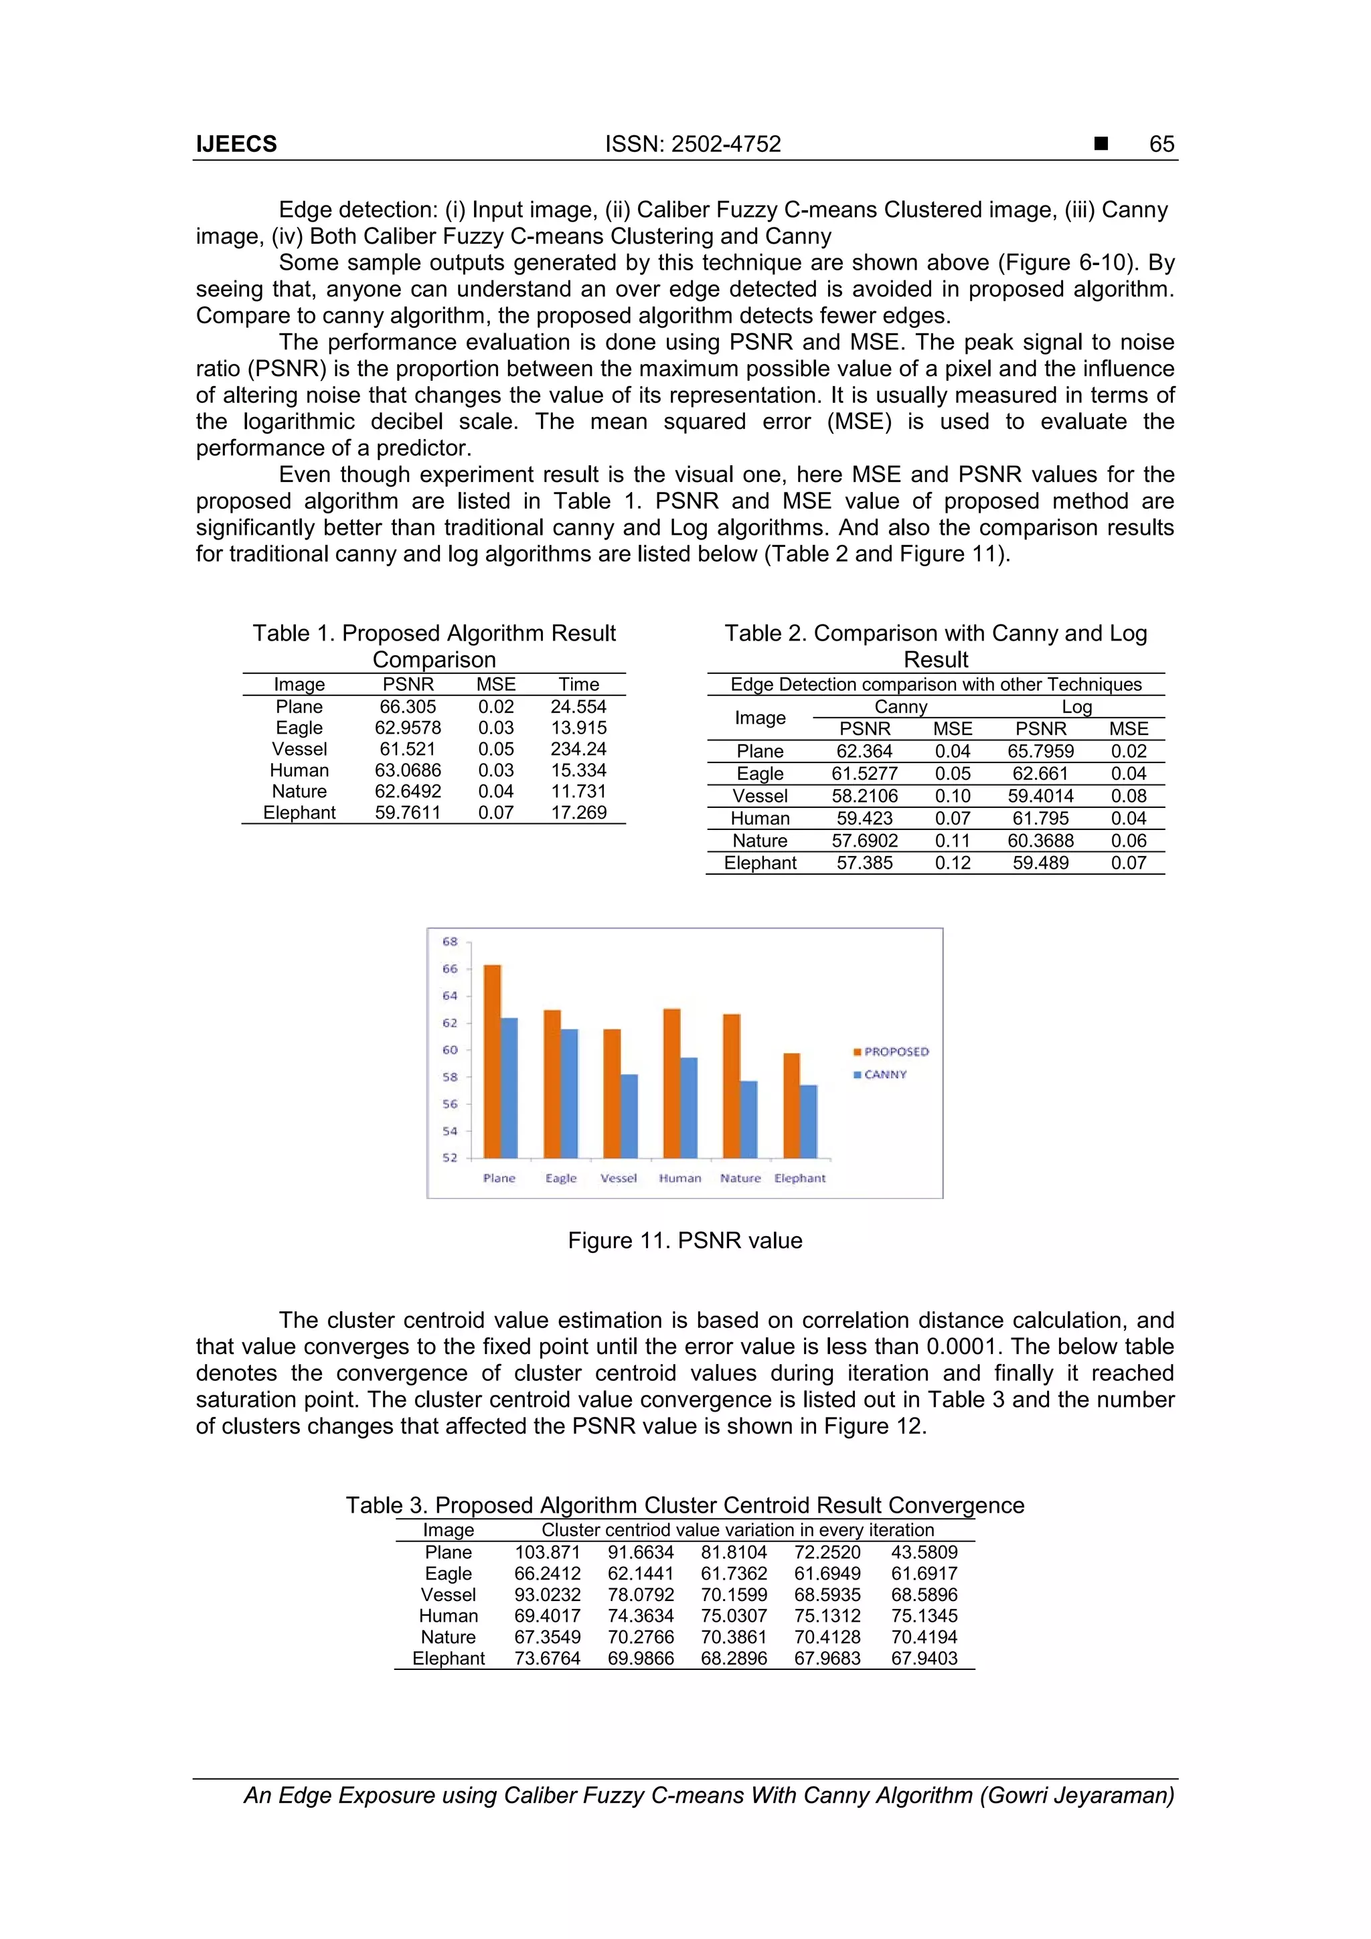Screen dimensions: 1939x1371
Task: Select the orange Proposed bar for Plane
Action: pos(491,1061)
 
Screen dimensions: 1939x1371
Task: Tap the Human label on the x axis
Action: pos(680,1178)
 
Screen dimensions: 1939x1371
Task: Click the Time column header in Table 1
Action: pos(578,684)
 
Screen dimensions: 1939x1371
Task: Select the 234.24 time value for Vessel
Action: pos(578,749)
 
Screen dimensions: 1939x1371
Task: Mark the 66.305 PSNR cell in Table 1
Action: pos(408,707)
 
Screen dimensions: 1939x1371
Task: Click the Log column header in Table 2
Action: pos(1076,707)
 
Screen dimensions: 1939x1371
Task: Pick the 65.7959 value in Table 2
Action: pos(1041,752)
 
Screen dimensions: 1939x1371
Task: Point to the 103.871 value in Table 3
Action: pos(548,1552)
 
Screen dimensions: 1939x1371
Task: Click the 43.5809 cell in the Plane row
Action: pos(924,1552)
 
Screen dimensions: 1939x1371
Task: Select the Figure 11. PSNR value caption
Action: pos(685,1241)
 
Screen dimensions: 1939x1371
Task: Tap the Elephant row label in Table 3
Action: pos(449,1658)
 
